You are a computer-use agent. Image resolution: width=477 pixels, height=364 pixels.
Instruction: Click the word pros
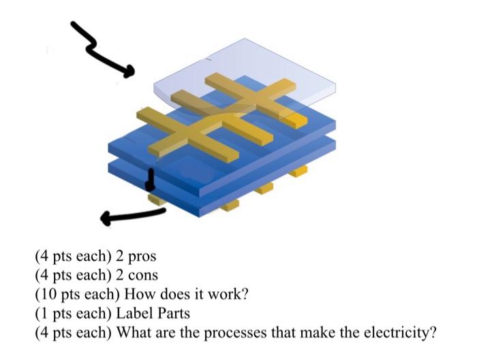(x=142, y=257)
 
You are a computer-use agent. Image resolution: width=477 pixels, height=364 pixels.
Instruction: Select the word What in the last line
(x=134, y=333)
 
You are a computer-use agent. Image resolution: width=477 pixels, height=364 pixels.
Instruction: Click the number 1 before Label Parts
(x=42, y=314)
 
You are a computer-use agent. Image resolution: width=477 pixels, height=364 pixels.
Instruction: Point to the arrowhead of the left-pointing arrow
(x=106, y=219)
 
